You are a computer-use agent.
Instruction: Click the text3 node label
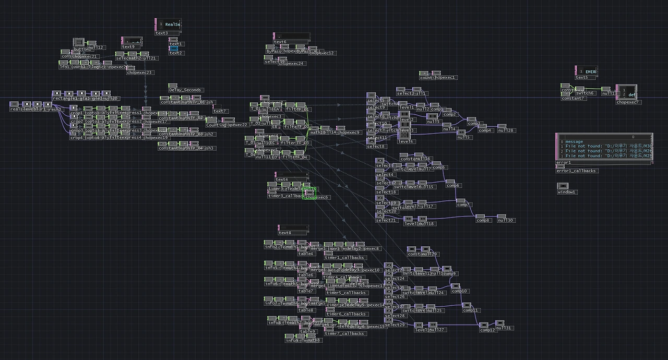[162, 33]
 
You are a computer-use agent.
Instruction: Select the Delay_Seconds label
[186, 90]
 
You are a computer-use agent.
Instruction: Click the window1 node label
[567, 192]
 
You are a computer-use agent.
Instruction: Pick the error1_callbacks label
[577, 171]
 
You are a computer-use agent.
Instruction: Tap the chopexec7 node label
[628, 102]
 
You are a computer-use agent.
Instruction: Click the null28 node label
[506, 130]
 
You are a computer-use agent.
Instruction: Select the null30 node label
[506, 220]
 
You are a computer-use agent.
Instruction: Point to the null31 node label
[504, 328]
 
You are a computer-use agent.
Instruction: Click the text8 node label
[285, 233]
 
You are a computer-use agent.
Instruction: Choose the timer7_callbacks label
[345, 333]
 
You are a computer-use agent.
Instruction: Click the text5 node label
[582, 78]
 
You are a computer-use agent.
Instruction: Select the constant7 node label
[572, 99]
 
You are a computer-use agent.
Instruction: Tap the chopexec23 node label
[140, 73]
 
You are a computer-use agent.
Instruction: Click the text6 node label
[280, 42]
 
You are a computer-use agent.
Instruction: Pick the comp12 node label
[487, 330]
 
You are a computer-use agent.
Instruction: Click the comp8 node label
[483, 220]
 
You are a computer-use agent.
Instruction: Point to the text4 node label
[282, 179]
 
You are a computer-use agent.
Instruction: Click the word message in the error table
[574, 141]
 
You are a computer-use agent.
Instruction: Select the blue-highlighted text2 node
[174, 49]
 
